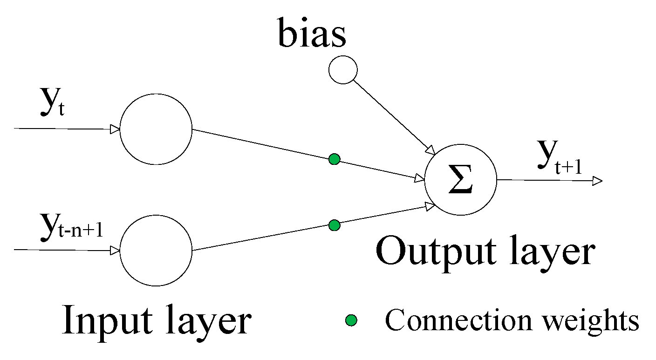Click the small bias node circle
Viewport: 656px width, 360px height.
click(x=343, y=70)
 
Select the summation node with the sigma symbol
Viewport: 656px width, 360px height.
click(x=460, y=180)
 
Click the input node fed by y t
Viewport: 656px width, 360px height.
click(x=156, y=129)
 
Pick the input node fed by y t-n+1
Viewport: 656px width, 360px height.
click(x=156, y=250)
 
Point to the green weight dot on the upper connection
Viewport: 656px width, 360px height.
click(x=334, y=159)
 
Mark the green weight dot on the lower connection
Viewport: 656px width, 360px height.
click(x=334, y=225)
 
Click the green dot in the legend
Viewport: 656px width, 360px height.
click(x=351, y=320)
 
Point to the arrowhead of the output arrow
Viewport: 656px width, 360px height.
click(x=598, y=181)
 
